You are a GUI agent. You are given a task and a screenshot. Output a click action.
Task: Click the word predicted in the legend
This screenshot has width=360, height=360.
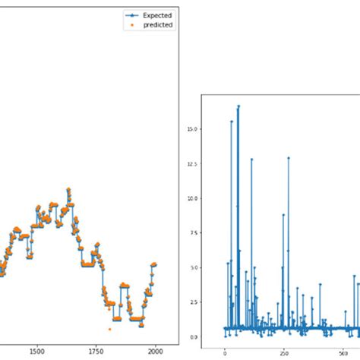click(x=158, y=24)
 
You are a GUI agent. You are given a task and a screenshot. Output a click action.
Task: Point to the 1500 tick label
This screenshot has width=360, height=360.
click(x=36, y=352)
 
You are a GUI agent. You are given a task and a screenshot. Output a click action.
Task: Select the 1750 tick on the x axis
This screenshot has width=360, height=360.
click(x=96, y=352)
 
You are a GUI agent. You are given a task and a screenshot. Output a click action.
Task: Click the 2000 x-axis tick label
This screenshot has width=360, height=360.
click(x=155, y=352)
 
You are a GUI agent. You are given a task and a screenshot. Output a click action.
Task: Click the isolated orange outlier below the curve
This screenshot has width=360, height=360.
click(x=109, y=329)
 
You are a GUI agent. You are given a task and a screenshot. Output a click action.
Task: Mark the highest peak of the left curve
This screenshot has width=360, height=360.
click(x=68, y=188)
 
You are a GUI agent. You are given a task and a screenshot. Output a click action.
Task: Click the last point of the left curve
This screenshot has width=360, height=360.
click(x=155, y=264)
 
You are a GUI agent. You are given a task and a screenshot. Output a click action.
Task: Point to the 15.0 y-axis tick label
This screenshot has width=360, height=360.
click(x=192, y=129)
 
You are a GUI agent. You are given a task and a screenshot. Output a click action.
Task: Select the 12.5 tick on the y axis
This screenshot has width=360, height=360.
click(x=192, y=163)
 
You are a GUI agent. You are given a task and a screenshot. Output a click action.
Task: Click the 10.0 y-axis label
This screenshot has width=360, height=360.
click(x=192, y=198)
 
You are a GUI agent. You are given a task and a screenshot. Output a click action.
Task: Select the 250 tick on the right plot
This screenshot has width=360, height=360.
click(x=283, y=352)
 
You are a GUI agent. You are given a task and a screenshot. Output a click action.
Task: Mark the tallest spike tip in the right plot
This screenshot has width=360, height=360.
click(x=238, y=106)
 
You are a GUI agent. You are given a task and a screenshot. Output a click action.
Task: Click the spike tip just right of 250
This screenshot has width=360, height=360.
click(x=289, y=157)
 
